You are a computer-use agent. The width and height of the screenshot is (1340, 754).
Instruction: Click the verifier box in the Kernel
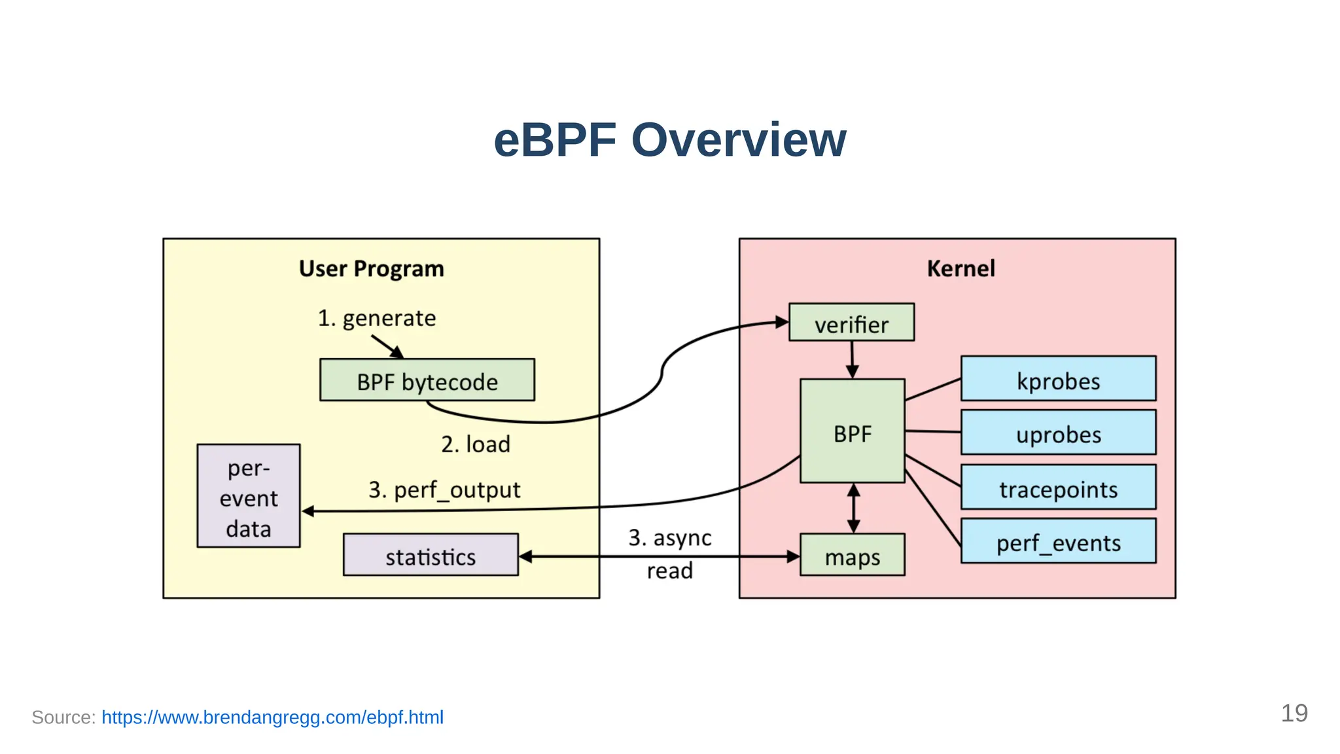(x=851, y=323)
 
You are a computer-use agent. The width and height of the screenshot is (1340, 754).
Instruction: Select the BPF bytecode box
(x=427, y=380)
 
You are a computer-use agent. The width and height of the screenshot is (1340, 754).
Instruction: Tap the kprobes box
(x=1058, y=379)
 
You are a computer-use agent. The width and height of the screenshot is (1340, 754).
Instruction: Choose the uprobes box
(x=1058, y=433)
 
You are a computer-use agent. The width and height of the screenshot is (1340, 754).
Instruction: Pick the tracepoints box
(x=1058, y=488)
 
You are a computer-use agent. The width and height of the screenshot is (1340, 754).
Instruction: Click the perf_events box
(x=1058, y=541)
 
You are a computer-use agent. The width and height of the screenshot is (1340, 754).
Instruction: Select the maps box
(x=852, y=556)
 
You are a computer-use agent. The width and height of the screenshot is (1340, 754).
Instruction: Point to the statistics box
(x=431, y=556)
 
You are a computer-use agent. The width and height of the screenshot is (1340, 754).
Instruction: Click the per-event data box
(x=249, y=497)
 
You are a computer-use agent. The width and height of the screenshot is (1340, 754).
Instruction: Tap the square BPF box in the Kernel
(x=852, y=432)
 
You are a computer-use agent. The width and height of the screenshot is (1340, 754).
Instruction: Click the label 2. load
(x=475, y=444)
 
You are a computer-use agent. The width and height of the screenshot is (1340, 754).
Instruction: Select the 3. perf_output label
(x=444, y=490)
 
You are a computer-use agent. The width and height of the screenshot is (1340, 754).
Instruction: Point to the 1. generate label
(x=377, y=318)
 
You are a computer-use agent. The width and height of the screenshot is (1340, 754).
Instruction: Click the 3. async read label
(x=669, y=553)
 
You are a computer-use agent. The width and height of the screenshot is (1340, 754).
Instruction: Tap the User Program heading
(x=371, y=269)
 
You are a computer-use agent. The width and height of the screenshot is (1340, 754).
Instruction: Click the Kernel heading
(x=961, y=269)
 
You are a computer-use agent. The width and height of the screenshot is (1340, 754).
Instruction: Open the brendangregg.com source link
(x=272, y=717)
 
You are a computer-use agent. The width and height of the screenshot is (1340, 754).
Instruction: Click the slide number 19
(x=1294, y=713)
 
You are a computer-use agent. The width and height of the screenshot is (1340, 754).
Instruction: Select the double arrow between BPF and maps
(x=853, y=508)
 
